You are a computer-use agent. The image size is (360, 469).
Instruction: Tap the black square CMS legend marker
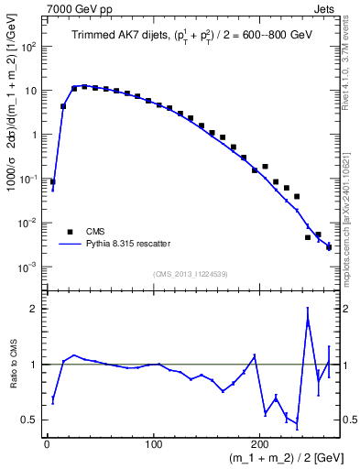(69, 231)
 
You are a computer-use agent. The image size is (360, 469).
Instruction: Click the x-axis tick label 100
(154, 443)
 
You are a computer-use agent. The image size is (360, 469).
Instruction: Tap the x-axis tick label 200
(261, 443)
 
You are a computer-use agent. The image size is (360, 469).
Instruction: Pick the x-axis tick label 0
(47, 443)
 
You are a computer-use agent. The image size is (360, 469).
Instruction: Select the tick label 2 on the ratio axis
(34, 309)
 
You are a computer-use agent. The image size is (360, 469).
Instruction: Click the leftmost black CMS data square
(52, 181)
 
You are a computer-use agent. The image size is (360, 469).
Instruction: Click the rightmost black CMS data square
(329, 247)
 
